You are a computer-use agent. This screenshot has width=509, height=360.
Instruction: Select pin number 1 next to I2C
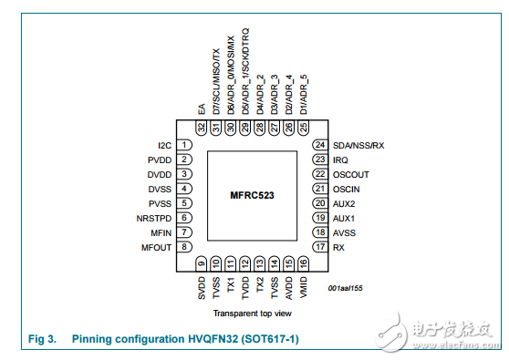click(x=185, y=145)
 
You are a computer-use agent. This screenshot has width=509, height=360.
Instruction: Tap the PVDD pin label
click(x=161, y=159)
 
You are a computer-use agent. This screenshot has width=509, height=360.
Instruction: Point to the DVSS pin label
click(x=161, y=188)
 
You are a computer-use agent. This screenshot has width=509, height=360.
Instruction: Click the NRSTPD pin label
click(x=154, y=217)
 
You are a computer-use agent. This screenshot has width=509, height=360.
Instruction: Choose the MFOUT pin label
click(x=156, y=246)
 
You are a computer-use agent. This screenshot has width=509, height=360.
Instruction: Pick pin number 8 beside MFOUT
click(x=185, y=246)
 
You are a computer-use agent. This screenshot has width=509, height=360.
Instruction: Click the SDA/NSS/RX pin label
click(x=359, y=145)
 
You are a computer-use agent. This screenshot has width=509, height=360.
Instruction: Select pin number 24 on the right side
click(x=319, y=145)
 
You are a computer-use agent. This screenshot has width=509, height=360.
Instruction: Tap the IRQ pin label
click(x=340, y=159)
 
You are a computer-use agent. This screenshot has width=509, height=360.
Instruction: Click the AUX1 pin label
click(x=344, y=217)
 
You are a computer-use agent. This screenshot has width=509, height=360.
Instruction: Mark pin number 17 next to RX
click(x=319, y=246)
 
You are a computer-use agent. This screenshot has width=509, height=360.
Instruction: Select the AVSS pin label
click(x=344, y=231)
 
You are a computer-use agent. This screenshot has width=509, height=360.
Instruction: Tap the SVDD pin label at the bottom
click(x=202, y=289)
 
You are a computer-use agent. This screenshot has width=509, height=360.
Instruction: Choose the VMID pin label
click(x=303, y=288)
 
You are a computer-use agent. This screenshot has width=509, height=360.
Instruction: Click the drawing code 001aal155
click(x=347, y=287)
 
